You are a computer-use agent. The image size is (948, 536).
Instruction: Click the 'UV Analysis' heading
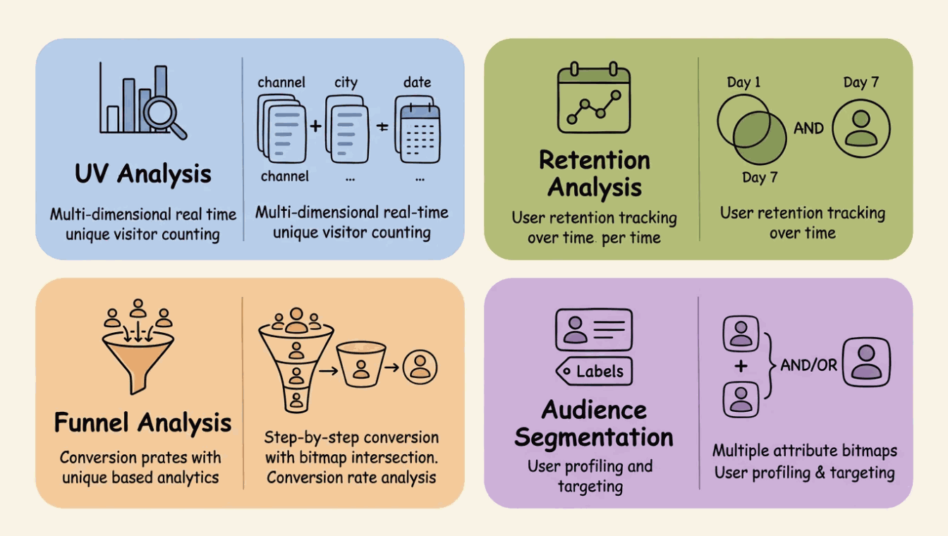[x=143, y=173]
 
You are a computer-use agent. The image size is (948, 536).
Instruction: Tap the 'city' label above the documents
[x=346, y=83]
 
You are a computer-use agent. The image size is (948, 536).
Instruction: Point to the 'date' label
[x=417, y=83]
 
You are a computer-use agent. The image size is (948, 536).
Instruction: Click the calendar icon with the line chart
[x=594, y=98]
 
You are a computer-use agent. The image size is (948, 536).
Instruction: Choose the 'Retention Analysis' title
[x=595, y=173]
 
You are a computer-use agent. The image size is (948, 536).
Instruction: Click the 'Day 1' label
[x=743, y=83]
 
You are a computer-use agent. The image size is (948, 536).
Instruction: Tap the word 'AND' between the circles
[x=808, y=128]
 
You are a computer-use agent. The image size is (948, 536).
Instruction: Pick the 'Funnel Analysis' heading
[x=142, y=422]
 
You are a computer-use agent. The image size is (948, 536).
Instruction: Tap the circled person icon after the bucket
[x=420, y=367]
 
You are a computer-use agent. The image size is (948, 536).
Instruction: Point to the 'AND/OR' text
[x=808, y=365]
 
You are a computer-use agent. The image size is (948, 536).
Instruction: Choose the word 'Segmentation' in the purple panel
[x=594, y=437]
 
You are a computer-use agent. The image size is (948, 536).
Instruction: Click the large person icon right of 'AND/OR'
[x=867, y=363]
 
